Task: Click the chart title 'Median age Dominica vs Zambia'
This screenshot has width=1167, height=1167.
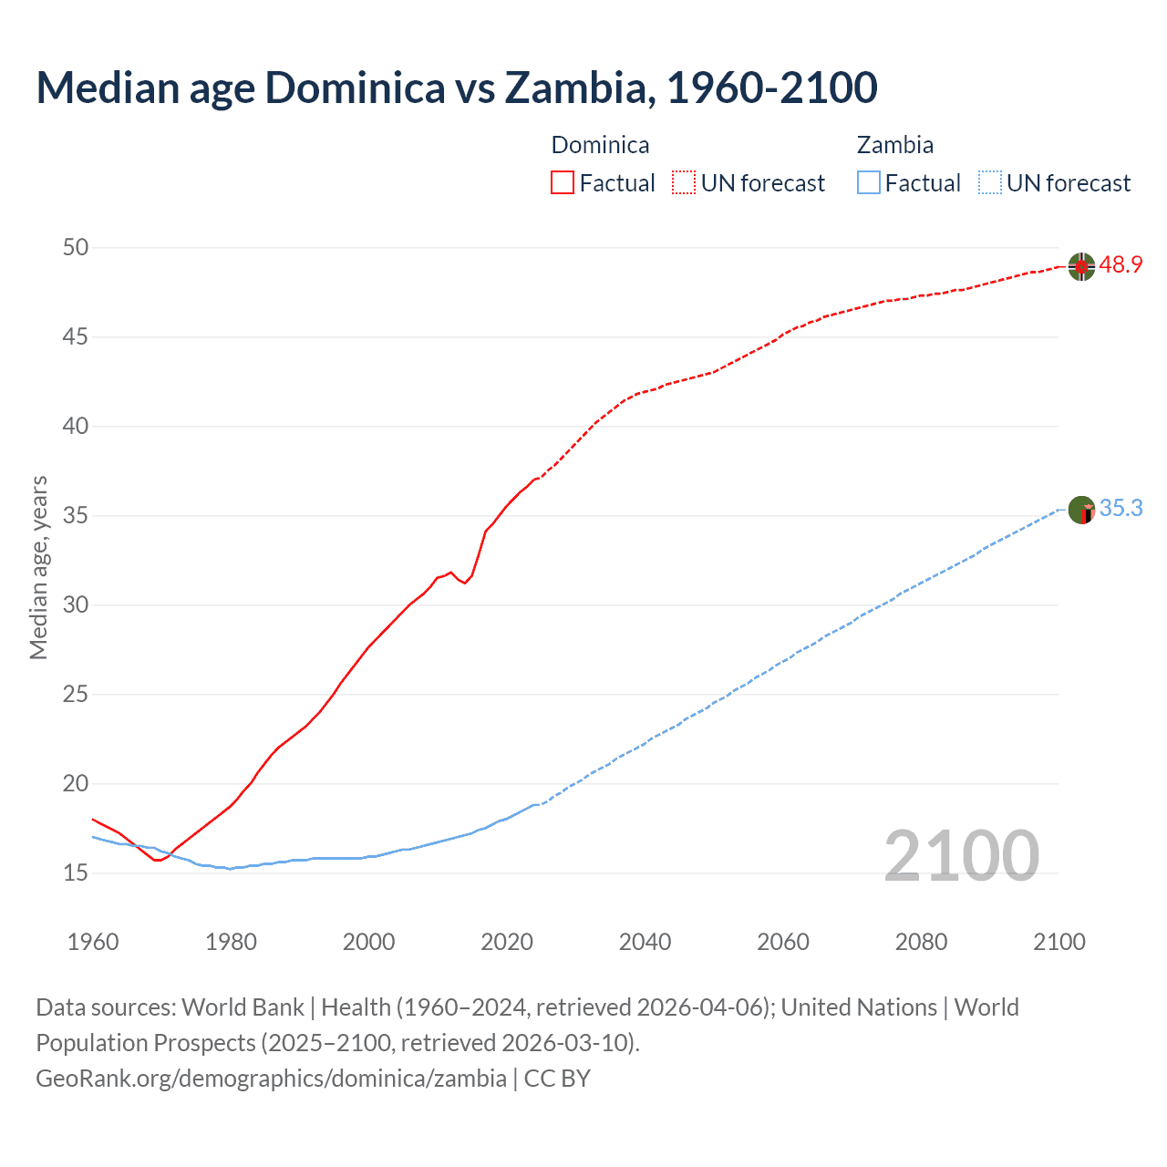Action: point(456,88)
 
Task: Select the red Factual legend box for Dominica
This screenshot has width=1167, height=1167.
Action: point(563,182)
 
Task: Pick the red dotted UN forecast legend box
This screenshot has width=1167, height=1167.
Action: point(684,182)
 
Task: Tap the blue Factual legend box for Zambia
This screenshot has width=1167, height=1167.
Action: point(869,182)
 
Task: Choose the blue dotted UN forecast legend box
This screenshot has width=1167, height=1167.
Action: point(989,182)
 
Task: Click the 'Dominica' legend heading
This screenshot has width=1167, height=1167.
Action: point(600,145)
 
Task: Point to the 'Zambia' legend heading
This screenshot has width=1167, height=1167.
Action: point(894,145)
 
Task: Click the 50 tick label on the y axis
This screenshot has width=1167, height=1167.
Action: point(77,247)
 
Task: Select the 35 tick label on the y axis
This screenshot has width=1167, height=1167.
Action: point(77,515)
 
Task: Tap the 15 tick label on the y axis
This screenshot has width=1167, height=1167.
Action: point(77,873)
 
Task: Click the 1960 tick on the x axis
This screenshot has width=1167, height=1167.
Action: point(93,941)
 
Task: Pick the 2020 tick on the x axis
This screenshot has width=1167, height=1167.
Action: point(507,941)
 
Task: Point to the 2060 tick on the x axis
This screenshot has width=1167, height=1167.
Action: point(783,941)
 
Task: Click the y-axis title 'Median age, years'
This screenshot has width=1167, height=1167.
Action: point(38,567)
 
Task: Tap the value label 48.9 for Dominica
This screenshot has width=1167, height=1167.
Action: point(1121,265)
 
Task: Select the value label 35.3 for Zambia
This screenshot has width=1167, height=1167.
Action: point(1121,508)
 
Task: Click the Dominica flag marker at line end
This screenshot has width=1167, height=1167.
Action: point(1081,266)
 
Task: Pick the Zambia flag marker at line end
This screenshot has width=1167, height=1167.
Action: point(1081,510)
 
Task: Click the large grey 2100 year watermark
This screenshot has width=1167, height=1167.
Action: point(961,855)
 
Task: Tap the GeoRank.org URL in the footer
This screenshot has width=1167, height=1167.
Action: point(271,1078)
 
